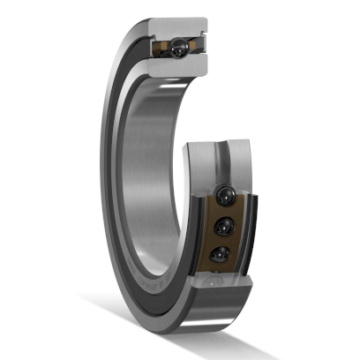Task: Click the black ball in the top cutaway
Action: tap(180, 43)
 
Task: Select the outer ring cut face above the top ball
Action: tap(181, 26)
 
